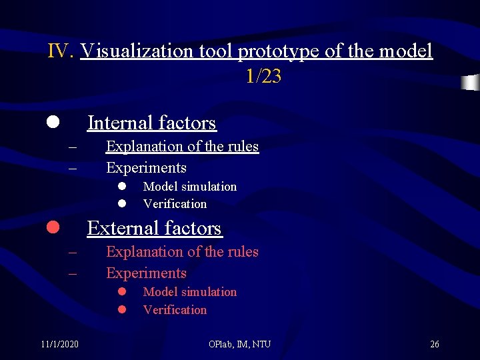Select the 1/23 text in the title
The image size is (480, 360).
pos(263,77)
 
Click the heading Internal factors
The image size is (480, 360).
pos(152,123)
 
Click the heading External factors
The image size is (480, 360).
pos(154,228)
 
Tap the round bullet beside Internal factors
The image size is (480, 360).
pos(52,123)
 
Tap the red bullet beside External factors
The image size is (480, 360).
pos(52,228)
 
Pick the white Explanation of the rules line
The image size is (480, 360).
pos(182,146)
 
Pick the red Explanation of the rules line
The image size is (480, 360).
pos(182,251)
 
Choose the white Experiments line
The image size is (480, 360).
pos(146,167)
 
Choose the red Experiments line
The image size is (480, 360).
pos(146,273)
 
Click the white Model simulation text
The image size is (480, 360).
pos(190,187)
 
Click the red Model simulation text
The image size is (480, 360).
pos(190,292)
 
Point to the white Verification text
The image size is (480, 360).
pos(175,204)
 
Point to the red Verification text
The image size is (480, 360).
pos(175,309)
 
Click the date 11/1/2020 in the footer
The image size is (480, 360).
pos(59,344)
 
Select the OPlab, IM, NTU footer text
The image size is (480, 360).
pos(239,344)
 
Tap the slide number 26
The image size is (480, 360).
pos(435,344)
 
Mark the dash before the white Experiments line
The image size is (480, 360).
pos(73,167)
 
